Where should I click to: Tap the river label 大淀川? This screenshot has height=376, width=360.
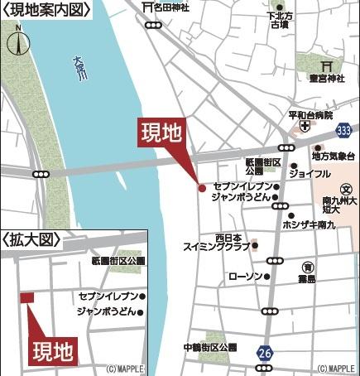pyautogui.click(x=79, y=66)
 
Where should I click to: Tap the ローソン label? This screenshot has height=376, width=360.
pyautogui.click(x=245, y=276)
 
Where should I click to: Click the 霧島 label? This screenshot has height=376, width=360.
pyautogui.click(x=307, y=280)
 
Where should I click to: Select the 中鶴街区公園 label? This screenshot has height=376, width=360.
pyautogui.click(x=210, y=347)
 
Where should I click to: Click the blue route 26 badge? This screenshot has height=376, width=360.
pyautogui.click(x=265, y=352)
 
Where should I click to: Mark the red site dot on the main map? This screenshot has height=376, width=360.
pyautogui.click(x=201, y=188)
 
